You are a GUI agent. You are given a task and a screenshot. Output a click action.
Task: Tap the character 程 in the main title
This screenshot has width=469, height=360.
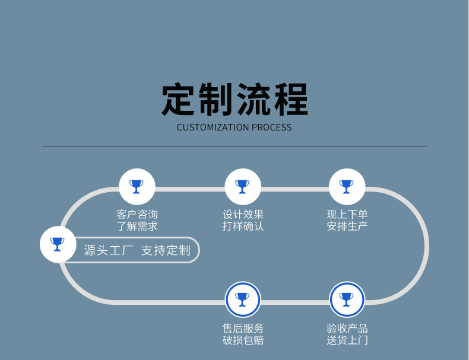click(290, 100)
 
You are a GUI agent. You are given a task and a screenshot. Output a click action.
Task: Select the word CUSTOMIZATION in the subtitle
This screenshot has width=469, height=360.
click(213, 128)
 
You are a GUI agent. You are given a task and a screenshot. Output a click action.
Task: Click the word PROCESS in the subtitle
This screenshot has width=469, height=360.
click(271, 128)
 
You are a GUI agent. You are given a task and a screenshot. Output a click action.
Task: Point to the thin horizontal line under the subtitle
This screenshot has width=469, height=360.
click(234, 146)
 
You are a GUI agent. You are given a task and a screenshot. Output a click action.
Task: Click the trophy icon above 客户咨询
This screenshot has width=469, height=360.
click(137, 187)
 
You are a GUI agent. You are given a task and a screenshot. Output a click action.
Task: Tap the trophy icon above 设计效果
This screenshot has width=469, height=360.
click(243, 187)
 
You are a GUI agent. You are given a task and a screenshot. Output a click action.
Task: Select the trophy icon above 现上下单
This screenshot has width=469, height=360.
click(347, 187)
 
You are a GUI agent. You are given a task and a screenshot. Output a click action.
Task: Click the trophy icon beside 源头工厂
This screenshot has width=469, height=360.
click(58, 244)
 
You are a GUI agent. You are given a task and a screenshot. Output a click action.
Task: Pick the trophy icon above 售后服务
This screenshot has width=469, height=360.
click(243, 300)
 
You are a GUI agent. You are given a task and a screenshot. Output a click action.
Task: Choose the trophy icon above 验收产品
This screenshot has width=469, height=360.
click(347, 300)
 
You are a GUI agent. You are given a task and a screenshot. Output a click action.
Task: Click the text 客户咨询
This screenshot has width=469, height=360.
click(137, 215)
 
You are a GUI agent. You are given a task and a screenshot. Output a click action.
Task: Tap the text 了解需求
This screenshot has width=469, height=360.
click(137, 226)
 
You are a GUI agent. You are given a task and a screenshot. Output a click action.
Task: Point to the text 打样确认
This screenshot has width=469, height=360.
click(243, 226)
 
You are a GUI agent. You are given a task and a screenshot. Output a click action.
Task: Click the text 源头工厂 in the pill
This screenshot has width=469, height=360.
click(110, 250)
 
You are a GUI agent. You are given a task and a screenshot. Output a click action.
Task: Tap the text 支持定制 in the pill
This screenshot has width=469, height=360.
click(166, 250)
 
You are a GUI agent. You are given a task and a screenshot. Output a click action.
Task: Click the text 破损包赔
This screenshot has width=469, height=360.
click(243, 340)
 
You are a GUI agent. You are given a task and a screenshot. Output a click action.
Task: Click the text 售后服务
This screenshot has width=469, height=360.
click(243, 328)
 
